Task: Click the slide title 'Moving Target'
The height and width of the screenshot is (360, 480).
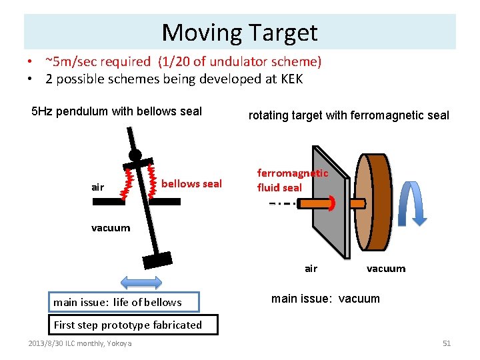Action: pos(239,32)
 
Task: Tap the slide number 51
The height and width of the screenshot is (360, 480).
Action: pos(447,343)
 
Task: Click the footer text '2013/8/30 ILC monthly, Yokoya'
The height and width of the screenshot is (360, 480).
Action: pos(80,343)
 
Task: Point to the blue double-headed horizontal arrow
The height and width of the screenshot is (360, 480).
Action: pos(139,282)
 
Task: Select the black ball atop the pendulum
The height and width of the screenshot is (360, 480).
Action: pos(135,156)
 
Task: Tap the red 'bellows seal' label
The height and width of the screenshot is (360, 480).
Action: pos(191,183)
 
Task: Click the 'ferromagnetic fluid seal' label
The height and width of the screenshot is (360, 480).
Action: pos(293,180)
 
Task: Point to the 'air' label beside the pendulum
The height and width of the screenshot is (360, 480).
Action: pos(98,187)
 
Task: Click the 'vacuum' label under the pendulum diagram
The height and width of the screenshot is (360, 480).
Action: pos(111,228)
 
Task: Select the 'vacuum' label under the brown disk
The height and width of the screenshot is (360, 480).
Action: pos(386,269)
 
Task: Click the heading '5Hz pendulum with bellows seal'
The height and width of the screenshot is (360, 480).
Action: pos(117,111)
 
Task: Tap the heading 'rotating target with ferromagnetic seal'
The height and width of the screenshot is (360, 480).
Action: pos(349,115)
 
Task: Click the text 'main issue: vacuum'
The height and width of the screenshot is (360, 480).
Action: pos(325,299)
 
